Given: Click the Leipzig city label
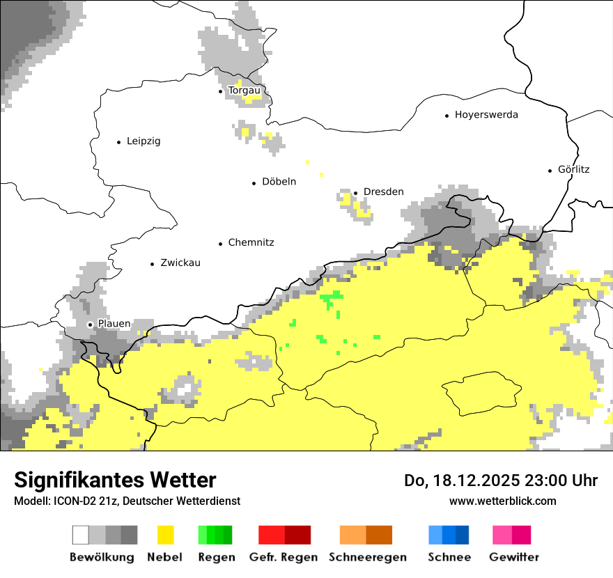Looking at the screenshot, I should [143, 141].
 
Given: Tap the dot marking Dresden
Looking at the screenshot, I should [355, 192].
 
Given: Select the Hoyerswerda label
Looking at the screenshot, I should [486, 115].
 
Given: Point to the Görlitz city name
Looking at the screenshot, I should [573, 169].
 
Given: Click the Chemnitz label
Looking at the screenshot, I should [251, 243].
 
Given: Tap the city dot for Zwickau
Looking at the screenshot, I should [152, 264].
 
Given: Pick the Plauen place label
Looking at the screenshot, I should [114, 324].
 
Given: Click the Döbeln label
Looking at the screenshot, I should [279, 182].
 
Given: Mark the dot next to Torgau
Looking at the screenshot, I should [221, 91].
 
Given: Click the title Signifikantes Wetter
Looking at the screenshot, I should [115, 480].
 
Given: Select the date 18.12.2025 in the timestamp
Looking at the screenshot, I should [465, 481].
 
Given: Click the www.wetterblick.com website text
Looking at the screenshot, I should [502, 501].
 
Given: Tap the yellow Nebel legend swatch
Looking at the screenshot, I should [166, 535].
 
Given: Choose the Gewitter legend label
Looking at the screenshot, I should [513, 557].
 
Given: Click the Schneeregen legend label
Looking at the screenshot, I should [367, 557].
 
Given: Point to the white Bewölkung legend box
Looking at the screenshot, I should [81, 535].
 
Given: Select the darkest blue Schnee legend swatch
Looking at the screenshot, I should [463, 535].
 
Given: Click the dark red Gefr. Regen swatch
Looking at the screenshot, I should [297, 535].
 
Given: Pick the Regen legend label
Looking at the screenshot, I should [216, 557].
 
